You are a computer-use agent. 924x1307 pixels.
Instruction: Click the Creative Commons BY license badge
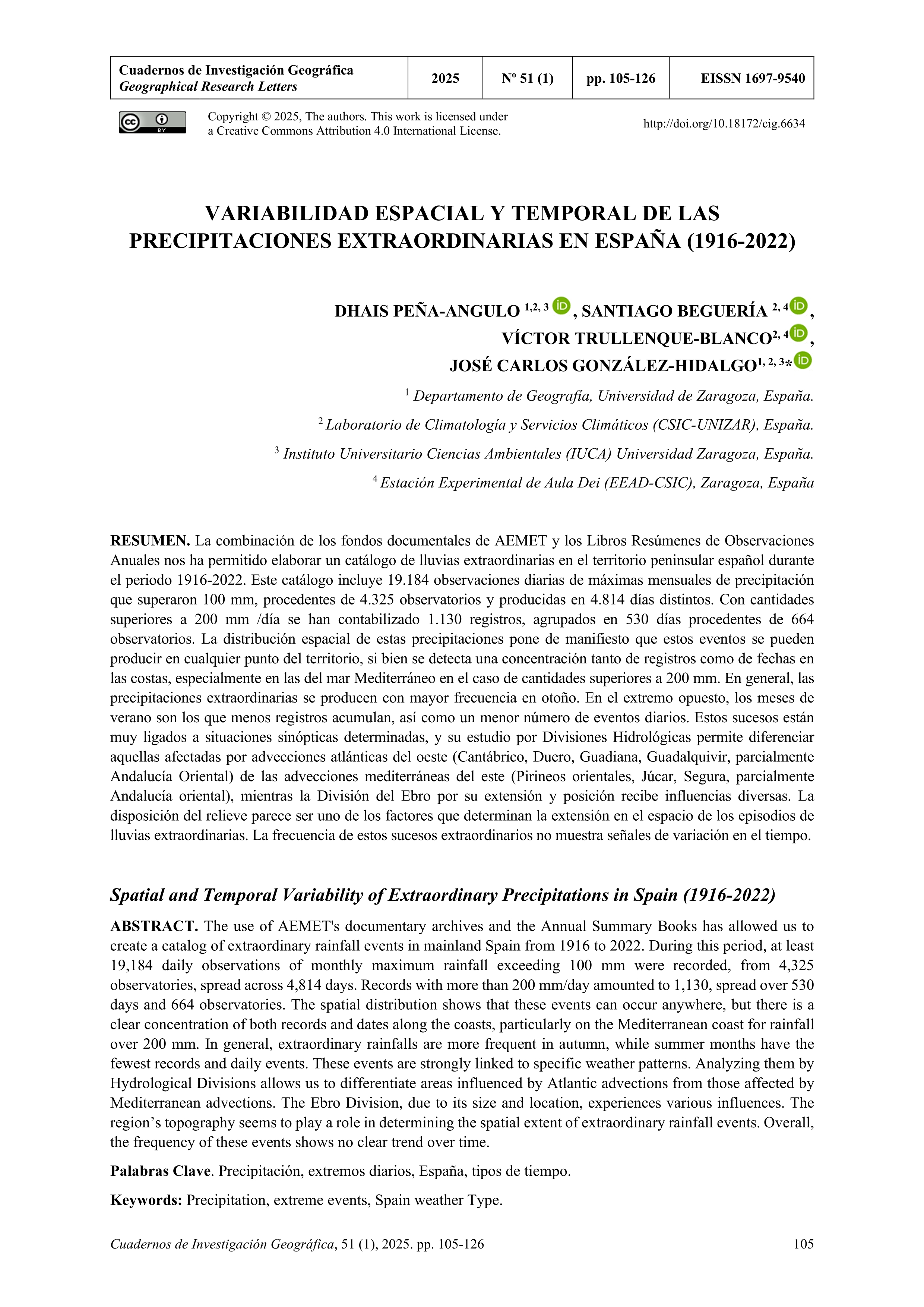tap(152, 122)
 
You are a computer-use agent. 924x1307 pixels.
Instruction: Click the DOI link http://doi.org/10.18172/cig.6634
tap(724, 123)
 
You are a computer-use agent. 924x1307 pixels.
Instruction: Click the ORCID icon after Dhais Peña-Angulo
tap(561, 306)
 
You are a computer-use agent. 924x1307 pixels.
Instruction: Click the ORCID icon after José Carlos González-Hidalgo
tap(803, 360)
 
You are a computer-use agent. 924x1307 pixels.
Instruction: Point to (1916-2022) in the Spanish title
tap(741, 241)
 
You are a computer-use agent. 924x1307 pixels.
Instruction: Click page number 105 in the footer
tap(803, 1260)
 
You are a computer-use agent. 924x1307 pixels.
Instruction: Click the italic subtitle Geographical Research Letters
tap(208, 86)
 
